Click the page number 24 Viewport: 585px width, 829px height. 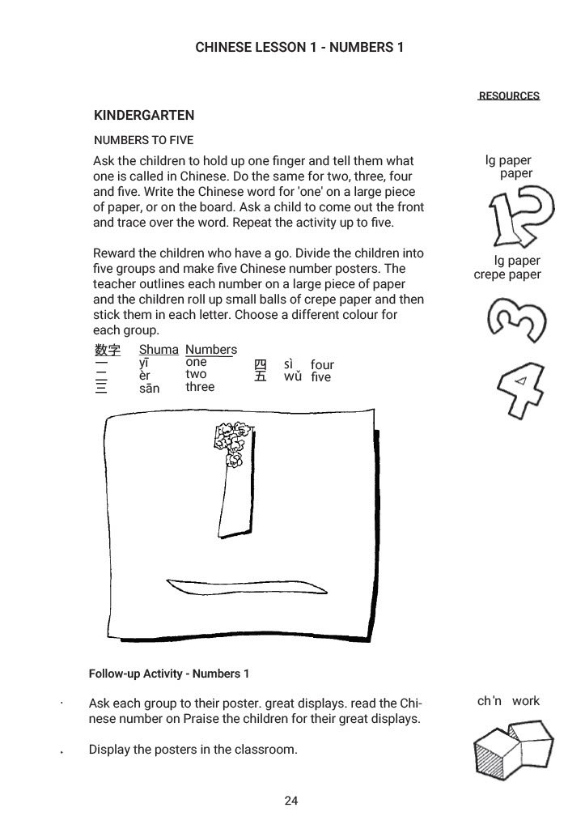(291, 801)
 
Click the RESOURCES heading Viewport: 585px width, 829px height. (509, 96)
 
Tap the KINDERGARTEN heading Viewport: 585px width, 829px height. (144, 116)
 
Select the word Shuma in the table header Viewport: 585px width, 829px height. (159, 350)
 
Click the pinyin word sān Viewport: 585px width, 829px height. (149, 389)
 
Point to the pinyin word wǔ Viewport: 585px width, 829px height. (292, 376)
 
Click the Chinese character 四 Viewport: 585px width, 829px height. (261, 365)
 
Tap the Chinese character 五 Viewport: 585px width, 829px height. (261, 377)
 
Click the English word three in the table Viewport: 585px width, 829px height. (200, 387)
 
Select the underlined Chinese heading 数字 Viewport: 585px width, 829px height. (107, 350)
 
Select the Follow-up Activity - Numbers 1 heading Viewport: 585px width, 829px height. (169, 674)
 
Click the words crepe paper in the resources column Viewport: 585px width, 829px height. (507, 274)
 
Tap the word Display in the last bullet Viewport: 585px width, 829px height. (109, 750)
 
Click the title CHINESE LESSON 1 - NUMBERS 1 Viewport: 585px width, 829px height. (299, 48)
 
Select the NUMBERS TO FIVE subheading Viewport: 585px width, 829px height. (143, 140)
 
